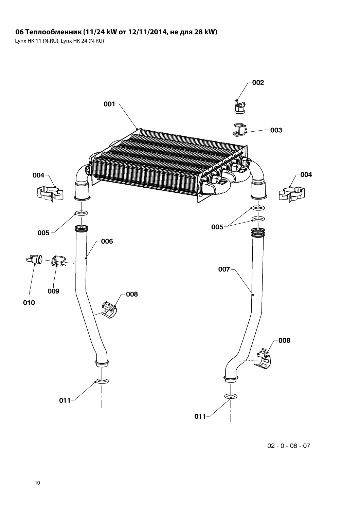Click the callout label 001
(x=109, y=104)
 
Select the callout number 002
(x=258, y=82)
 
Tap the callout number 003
(x=276, y=130)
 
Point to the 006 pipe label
(x=107, y=241)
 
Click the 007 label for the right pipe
(x=224, y=269)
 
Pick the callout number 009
(x=53, y=291)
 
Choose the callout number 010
(x=29, y=302)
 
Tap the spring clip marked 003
(x=240, y=130)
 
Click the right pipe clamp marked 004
(x=291, y=194)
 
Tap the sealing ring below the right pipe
(x=231, y=396)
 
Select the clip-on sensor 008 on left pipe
(x=109, y=309)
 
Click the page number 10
(x=37, y=483)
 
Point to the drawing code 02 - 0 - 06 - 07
(x=289, y=446)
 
